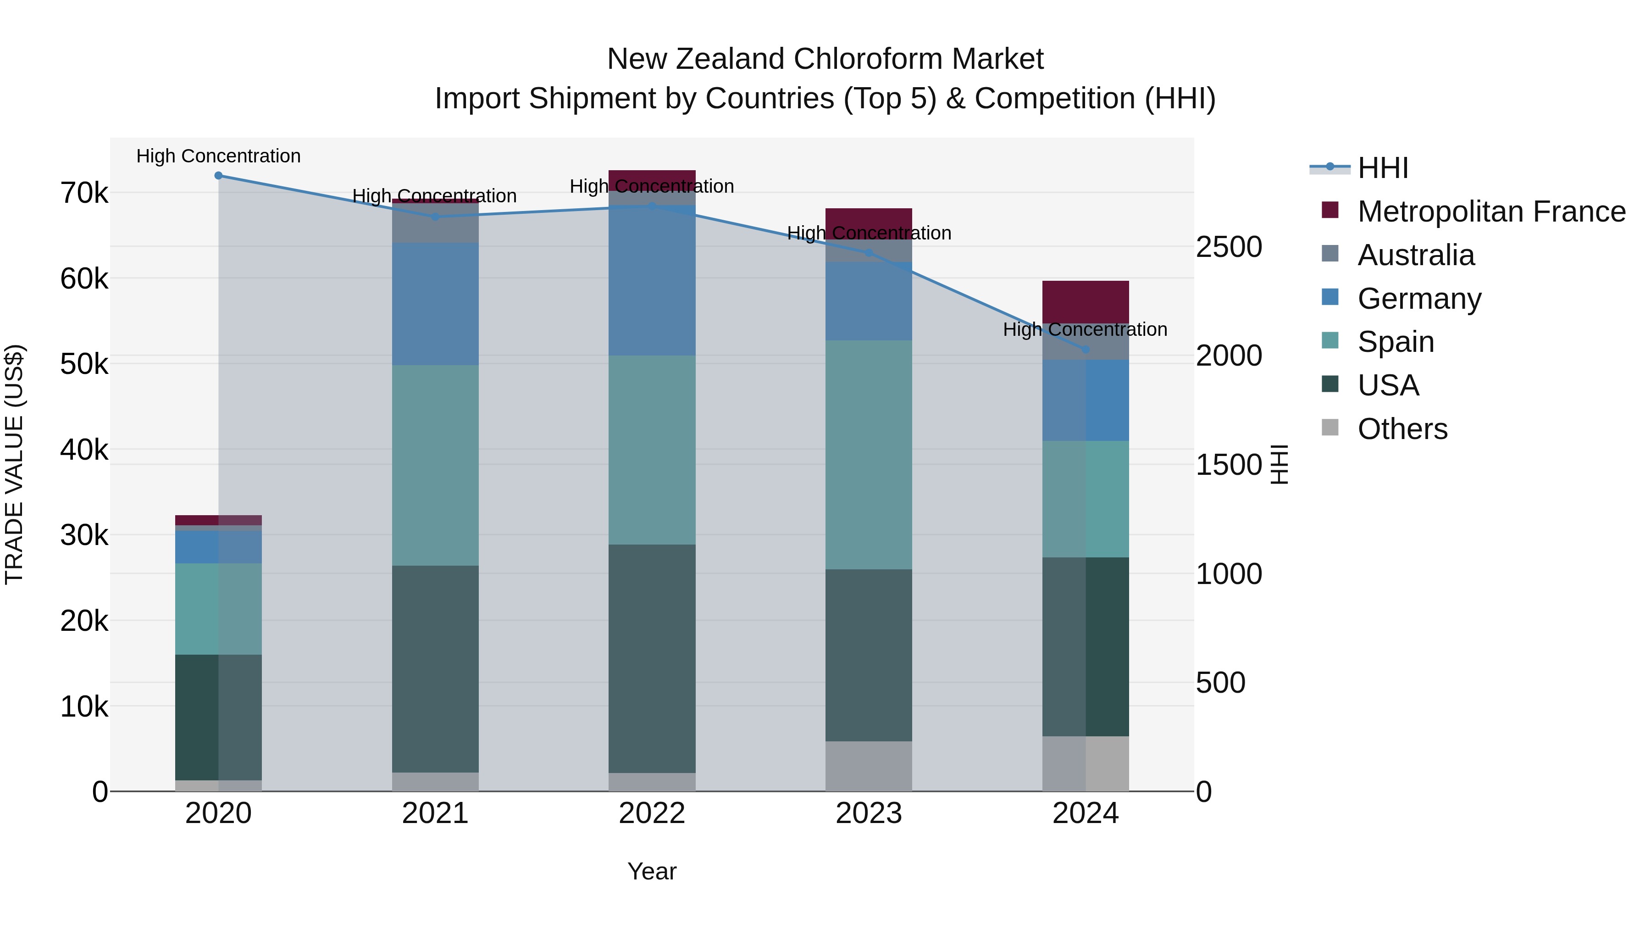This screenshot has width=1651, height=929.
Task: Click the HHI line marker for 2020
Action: (x=219, y=176)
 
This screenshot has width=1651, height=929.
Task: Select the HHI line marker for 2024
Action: (x=1086, y=350)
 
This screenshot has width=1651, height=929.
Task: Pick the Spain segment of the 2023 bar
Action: (x=869, y=455)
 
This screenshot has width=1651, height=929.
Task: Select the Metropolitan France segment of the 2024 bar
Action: (x=1085, y=302)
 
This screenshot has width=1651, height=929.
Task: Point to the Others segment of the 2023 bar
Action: (x=869, y=766)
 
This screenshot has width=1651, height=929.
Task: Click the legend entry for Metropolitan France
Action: (x=1491, y=211)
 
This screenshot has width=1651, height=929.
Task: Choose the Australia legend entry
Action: (x=1416, y=255)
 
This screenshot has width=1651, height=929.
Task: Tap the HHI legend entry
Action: (x=1382, y=168)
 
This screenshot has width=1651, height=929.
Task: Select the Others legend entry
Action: (x=1402, y=429)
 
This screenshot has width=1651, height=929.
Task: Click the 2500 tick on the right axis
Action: (x=1229, y=247)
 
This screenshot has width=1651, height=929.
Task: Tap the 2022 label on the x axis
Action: (x=652, y=813)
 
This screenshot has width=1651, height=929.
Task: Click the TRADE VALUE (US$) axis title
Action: (x=14, y=464)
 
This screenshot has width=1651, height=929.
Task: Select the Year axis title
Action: (x=652, y=871)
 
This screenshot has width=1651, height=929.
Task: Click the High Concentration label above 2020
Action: (x=219, y=156)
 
